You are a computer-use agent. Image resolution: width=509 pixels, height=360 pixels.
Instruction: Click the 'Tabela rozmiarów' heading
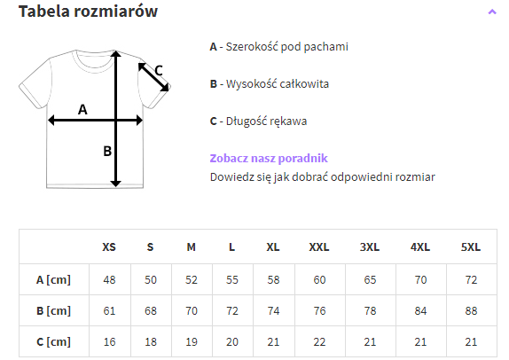coord(88,11)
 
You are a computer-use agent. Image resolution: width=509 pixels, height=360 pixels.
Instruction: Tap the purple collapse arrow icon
coord(492,12)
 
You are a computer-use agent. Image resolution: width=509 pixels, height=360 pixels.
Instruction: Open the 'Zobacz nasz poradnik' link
coord(269,158)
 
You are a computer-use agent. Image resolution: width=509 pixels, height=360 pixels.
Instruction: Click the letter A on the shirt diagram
coord(82,109)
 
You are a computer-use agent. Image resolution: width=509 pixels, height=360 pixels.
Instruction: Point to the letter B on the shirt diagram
coord(107,152)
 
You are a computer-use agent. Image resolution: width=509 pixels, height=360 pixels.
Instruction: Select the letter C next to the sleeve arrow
coord(159,70)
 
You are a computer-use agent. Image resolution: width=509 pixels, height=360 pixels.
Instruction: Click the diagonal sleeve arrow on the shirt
coord(153,77)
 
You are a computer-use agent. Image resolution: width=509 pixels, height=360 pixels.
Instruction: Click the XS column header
coord(109,247)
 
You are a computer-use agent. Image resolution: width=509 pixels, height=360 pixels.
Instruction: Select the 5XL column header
coord(471,247)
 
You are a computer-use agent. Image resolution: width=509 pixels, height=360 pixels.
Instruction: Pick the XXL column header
coord(319,247)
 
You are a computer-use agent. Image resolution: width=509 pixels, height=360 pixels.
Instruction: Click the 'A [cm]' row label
coord(53,280)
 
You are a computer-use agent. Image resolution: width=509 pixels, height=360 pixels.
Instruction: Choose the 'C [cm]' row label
coord(53,341)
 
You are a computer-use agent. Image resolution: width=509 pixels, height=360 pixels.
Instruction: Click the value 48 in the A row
coord(109,280)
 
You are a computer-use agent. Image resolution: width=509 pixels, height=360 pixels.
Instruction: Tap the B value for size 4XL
coord(420,311)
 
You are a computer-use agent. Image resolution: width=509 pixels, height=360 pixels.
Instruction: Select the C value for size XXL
coord(319,341)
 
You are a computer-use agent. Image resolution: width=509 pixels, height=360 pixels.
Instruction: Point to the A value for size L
coord(232,280)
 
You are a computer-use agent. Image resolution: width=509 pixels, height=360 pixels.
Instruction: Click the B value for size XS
coord(109,311)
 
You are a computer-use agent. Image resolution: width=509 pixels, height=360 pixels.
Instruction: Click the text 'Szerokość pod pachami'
coord(287,47)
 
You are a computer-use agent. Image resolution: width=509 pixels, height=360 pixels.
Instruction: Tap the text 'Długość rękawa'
coord(266,121)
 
